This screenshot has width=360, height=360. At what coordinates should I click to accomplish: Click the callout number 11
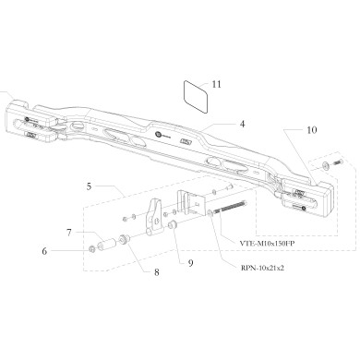tap(216, 84)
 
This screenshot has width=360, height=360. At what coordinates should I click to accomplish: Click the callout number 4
tap(242, 124)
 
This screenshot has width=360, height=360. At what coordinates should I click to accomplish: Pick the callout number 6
tap(68, 249)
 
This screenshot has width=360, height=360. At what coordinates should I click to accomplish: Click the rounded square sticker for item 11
tap(195, 95)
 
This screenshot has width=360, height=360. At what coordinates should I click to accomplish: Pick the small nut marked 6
tap(91, 249)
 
